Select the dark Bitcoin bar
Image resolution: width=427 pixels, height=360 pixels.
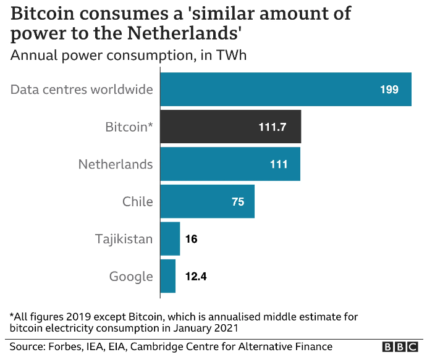tap(230, 127)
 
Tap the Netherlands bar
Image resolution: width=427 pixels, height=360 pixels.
tap(230, 164)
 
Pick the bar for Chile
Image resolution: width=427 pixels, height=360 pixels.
tap(207, 201)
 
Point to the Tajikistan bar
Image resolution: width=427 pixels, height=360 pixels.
tap(170, 238)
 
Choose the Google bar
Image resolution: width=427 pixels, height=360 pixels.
tap(168, 276)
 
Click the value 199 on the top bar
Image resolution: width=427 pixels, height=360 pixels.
tap(389, 90)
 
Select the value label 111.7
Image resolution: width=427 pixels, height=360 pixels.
tap(273, 127)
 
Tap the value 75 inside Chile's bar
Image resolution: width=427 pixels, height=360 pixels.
tap(238, 202)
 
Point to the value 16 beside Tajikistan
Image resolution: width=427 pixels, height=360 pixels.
tap(191, 238)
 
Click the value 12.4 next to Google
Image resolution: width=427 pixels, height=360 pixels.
tap(195, 276)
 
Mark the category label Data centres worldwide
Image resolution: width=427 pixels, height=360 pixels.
tap(82, 90)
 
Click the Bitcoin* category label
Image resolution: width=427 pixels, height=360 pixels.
tap(129, 127)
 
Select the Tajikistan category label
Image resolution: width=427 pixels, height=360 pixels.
tap(124, 238)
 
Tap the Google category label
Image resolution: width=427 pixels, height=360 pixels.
tap(131, 276)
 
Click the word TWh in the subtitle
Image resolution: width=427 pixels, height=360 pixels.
tap(231, 56)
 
